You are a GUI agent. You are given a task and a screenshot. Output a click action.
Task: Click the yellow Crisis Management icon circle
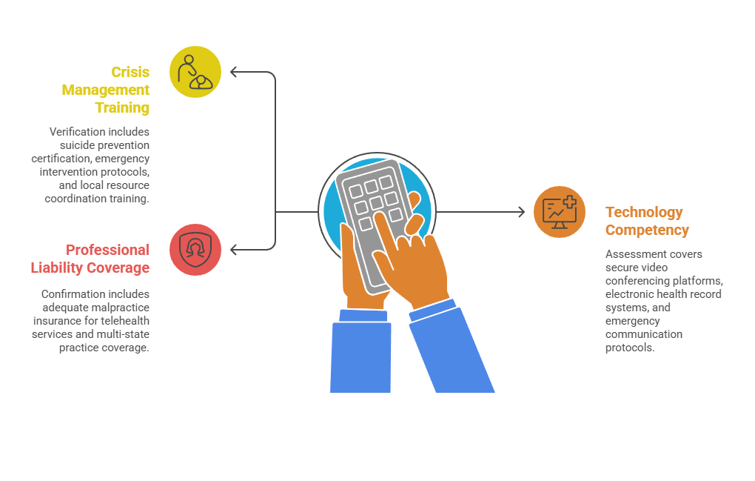(x=195, y=72)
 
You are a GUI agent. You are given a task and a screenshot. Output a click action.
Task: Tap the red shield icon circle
(x=195, y=250)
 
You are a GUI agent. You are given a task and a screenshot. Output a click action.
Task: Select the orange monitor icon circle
(x=560, y=211)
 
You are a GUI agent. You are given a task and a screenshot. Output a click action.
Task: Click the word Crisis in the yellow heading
(x=130, y=72)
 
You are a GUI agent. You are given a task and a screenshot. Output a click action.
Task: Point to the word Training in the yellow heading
(x=122, y=107)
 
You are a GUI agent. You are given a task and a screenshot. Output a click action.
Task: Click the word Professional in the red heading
(x=107, y=250)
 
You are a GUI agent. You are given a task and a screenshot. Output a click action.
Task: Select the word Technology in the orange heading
(x=644, y=213)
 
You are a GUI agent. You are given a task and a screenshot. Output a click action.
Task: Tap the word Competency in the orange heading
(x=647, y=230)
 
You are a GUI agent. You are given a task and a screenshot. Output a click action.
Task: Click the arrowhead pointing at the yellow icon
(x=234, y=72)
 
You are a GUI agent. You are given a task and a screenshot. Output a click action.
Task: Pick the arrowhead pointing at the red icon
(x=234, y=250)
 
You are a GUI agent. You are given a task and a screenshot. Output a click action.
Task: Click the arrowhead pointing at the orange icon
(x=521, y=211)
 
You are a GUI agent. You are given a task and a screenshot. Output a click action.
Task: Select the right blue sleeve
(x=450, y=347)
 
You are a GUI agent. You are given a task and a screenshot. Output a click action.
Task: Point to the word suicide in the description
(x=77, y=145)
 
